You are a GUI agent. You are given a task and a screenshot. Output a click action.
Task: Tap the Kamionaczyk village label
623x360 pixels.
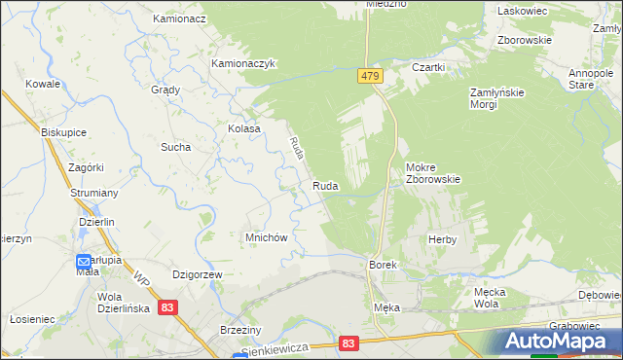[x=245, y=63]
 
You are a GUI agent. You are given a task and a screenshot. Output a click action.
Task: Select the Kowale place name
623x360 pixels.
[x=44, y=85]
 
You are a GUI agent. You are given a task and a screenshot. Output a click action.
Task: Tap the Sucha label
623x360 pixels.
[x=175, y=147]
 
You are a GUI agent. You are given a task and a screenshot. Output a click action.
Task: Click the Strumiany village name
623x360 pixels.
[x=93, y=193]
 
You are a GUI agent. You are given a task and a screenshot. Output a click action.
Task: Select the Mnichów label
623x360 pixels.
[x=265, y=237]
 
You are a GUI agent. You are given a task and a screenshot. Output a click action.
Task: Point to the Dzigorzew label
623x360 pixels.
[x=198, y=275]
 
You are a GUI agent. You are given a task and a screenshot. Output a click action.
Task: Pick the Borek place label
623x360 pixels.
[x=382, y=264]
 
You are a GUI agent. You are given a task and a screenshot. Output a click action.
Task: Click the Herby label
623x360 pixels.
[x=442, y=238]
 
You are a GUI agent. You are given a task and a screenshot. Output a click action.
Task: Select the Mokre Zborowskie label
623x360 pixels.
[x=432, y=172]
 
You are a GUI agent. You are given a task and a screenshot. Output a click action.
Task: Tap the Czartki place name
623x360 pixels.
[x=428, y=67]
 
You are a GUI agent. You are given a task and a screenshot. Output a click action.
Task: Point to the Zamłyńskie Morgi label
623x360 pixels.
[x=497, y=97]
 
